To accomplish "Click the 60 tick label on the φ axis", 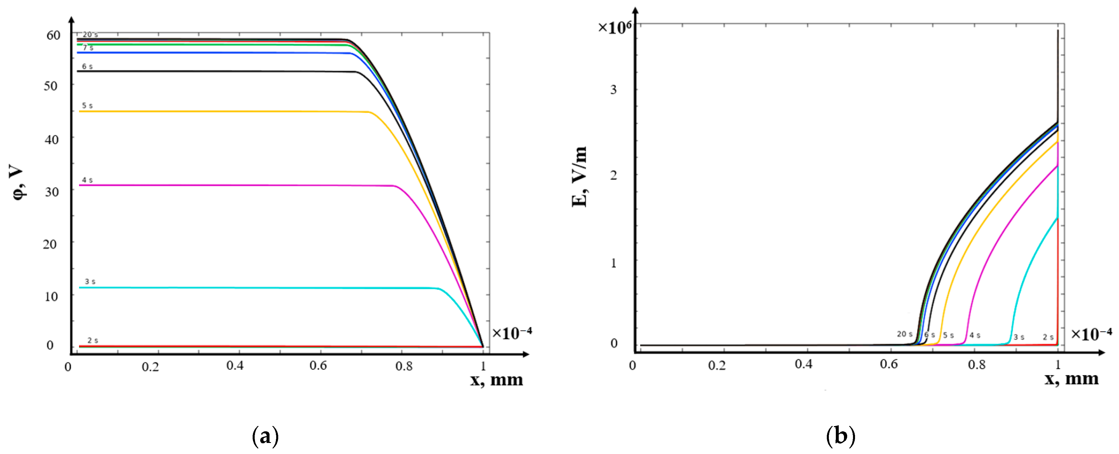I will pyautogui.click(x=53, y=35).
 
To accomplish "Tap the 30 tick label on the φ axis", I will pyautogui.click(x=52, y=192).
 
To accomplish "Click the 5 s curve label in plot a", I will pyautogui.click(x=87, y=106).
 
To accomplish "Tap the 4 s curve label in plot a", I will pyautogui.click(x=87, y=180).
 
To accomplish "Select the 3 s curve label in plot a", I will pyautogui.click(x=90, y=282).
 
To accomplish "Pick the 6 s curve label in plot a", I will pyautogui.click(x=87, y=67).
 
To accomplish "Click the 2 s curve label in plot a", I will pyautogui.click(x=92, y=340).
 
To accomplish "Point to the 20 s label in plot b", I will pyautogui.click(x=905, y=334).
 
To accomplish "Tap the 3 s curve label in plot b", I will pyautogui.click(x=1019, y=337).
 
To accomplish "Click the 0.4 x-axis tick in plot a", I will pyautogui.click(x=235, y=366).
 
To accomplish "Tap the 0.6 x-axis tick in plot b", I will pyautogui.click(x=889, y=364).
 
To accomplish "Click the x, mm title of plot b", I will pyautogui.click(x=1071, y=379).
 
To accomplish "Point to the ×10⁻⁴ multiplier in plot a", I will pyautogui.click(x=512, y=333).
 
